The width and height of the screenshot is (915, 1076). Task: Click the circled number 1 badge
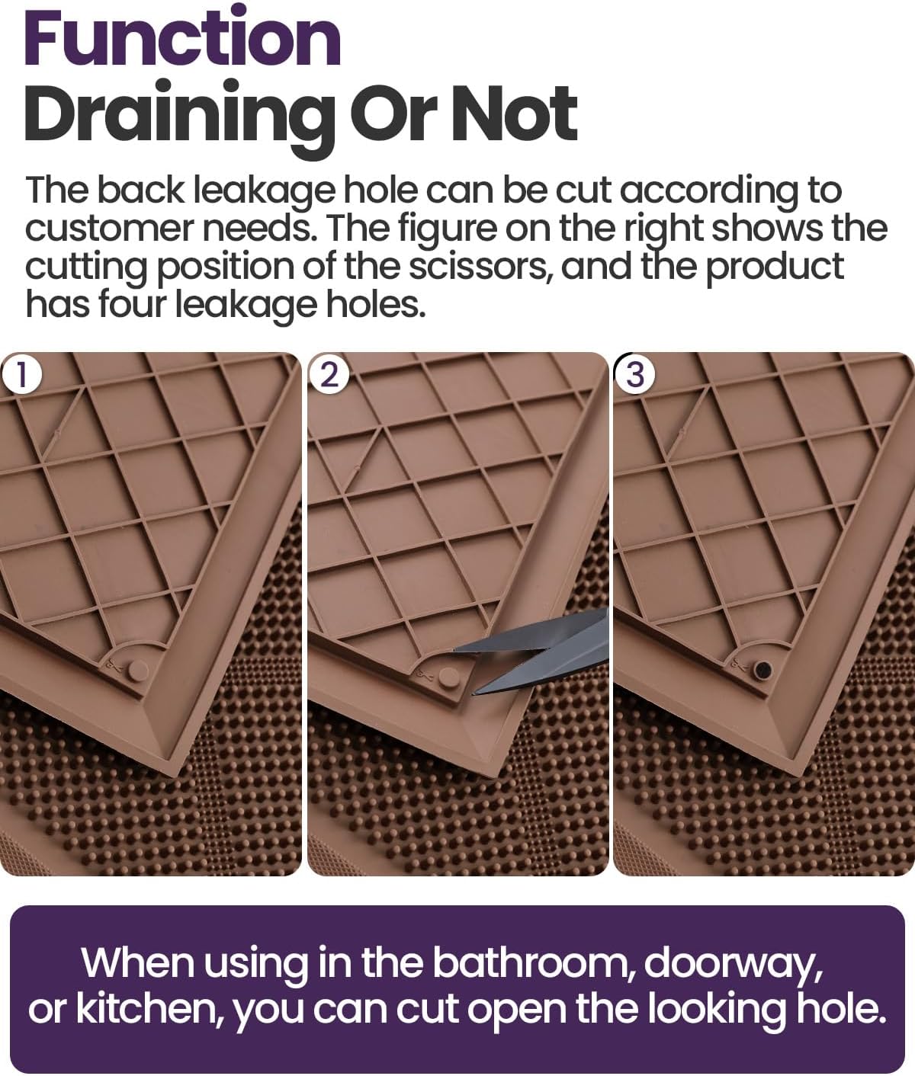[x=21, y=376]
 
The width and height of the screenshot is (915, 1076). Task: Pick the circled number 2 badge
[x=329, y=376]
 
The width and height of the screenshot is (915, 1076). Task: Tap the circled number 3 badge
[x=634, y=376]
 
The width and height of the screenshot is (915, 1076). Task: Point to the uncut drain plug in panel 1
[x=138, y=670]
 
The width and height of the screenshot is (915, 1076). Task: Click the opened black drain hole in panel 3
[x=761, y=670]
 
